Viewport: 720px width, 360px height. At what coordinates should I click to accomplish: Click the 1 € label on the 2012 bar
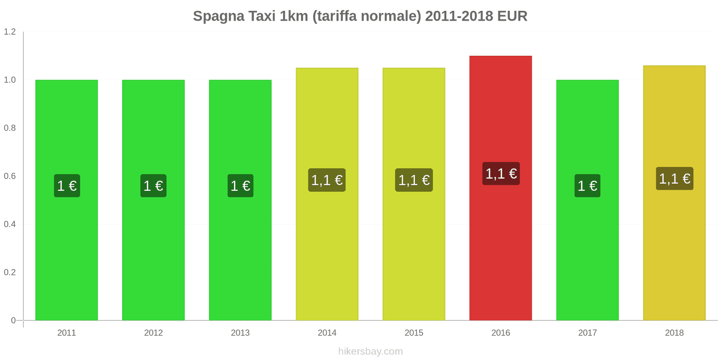(x=153, y=185)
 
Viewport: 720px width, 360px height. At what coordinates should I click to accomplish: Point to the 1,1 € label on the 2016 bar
(x=501, y=173)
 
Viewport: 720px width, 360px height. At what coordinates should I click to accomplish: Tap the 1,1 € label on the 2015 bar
(x=414, y=180)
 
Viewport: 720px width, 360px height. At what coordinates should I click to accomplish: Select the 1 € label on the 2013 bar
(x=240, y=185)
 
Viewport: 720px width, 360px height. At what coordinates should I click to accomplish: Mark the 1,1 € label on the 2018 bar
(x=675, y=179)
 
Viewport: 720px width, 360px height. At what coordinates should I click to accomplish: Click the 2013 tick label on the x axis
(x=240, y=333)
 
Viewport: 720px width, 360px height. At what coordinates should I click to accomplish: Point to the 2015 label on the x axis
(x=414, y=333)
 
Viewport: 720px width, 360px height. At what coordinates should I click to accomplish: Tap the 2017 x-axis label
(x=587, y=333)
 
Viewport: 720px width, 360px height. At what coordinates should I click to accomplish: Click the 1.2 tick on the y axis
(x=10, y=32)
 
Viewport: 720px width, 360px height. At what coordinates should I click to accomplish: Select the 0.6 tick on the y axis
(x=10, y=176)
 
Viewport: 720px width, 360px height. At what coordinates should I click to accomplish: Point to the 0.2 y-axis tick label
(x=10, y=272)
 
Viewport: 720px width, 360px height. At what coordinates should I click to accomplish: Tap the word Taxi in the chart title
(x=262, y=16)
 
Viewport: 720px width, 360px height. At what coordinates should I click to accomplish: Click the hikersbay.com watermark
(x=370, y=351)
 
